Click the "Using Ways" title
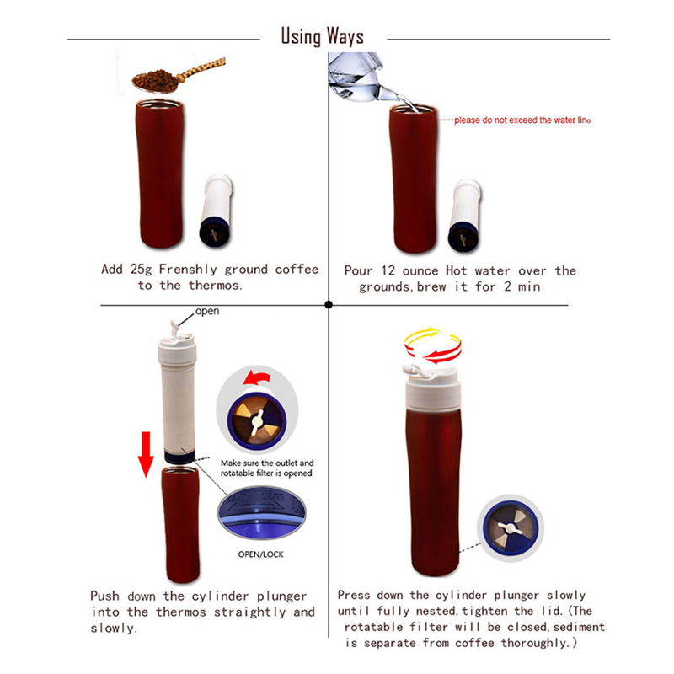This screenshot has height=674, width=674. [x=323, y=36]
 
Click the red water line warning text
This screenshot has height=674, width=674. [x=522, y=120]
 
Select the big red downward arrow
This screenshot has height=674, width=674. [x=146, y=454]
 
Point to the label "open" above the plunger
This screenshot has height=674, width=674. [x=207, y=311]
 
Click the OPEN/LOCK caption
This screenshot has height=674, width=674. [x=261, y=554]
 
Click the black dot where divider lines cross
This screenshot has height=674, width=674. [x=329, y=305]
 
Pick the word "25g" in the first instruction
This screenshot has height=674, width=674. [x=141, y=270]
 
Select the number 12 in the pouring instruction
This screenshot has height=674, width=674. [x=388, y=270]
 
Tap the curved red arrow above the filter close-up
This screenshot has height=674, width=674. [x=257, y=377]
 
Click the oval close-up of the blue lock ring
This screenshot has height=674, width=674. [x=262, y=513]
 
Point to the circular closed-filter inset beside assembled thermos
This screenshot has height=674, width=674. [x=511, y=528]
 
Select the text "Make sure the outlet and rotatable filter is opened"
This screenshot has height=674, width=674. [x=266, y=468]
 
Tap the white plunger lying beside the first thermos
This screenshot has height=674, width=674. [x=216, y=210]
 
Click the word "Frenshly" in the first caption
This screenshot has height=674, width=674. [x=188, y=270]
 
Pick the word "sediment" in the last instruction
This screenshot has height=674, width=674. [x=579, y=627]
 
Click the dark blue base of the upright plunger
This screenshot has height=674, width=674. [x=179, y=456]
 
